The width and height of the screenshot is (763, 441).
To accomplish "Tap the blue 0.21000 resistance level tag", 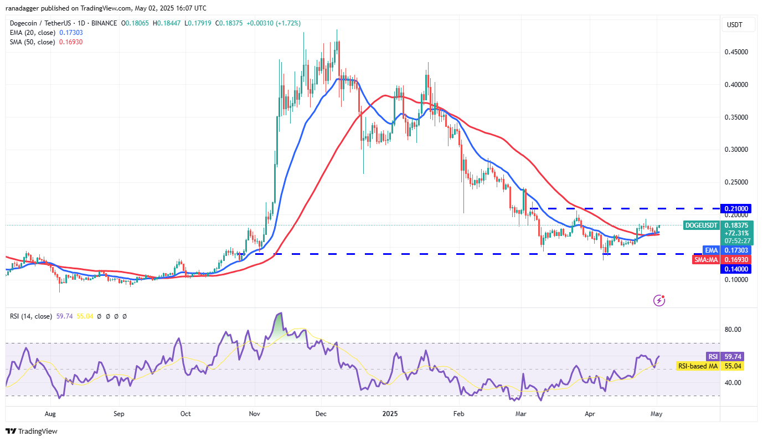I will point(735,209).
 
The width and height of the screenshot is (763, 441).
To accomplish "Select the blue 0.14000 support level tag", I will point(735,269).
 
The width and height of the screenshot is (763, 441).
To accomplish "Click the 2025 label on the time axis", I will point(390,413).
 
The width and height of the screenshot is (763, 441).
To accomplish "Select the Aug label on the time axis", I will point(50,413).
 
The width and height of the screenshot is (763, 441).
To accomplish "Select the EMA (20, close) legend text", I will point(32,33).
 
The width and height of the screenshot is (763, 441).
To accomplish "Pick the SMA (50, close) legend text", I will point(32,42).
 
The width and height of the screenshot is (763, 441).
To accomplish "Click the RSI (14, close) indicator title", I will point(31,316).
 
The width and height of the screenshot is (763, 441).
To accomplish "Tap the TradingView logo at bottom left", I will point(32,431).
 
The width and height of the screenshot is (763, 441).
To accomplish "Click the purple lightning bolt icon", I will point(659,300).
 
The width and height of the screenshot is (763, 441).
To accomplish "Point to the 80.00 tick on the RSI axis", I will point(733,330).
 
